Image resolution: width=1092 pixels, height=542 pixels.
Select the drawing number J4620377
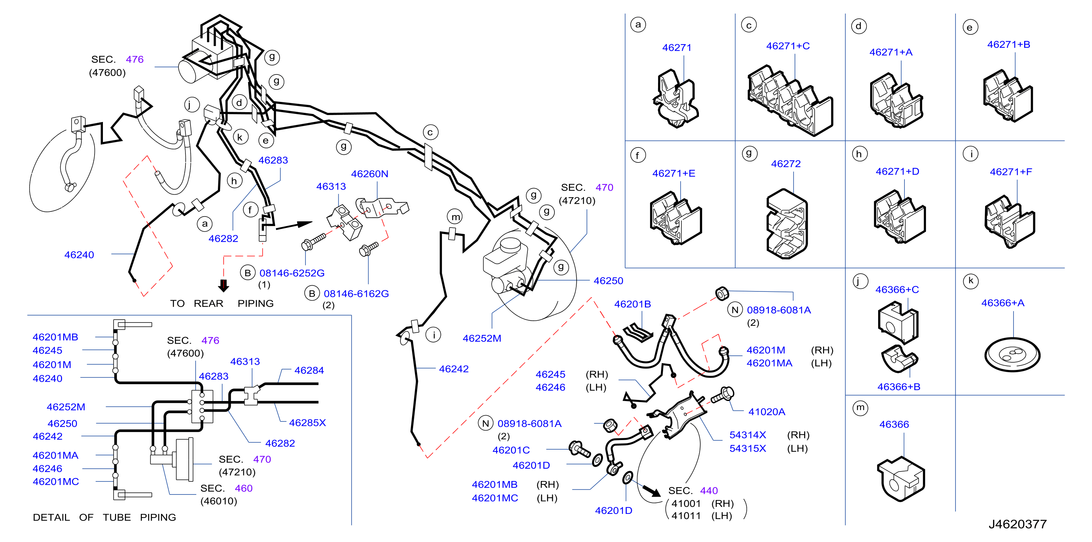(x=1018, y=524)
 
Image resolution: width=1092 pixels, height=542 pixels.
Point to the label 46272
(x=785, y=164)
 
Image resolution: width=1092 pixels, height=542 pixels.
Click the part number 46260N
(x=369, y=174)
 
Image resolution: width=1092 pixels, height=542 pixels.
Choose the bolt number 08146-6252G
(x=292, y=273)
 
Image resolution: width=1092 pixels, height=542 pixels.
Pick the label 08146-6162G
(x=356, y=294)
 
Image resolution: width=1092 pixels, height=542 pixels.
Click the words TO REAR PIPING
(x=222, y=304)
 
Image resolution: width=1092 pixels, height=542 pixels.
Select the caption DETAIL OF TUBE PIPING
(x=104, y=518)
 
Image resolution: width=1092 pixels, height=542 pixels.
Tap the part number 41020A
(x=766, y=412)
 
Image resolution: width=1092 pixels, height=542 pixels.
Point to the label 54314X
(x=747, y=435)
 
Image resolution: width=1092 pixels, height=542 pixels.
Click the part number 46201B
(x=632, y=304)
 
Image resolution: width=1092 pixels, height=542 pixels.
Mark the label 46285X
(x=307, y=423)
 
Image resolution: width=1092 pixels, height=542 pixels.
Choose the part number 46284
(x=309, y=370)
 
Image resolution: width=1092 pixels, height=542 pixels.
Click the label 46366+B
(x=898, y=387)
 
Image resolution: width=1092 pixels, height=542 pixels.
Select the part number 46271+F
(x=1011, y=172)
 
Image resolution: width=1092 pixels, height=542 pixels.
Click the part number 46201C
(x=511, y=450)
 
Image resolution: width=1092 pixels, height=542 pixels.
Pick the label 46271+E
(x=674, y=173)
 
